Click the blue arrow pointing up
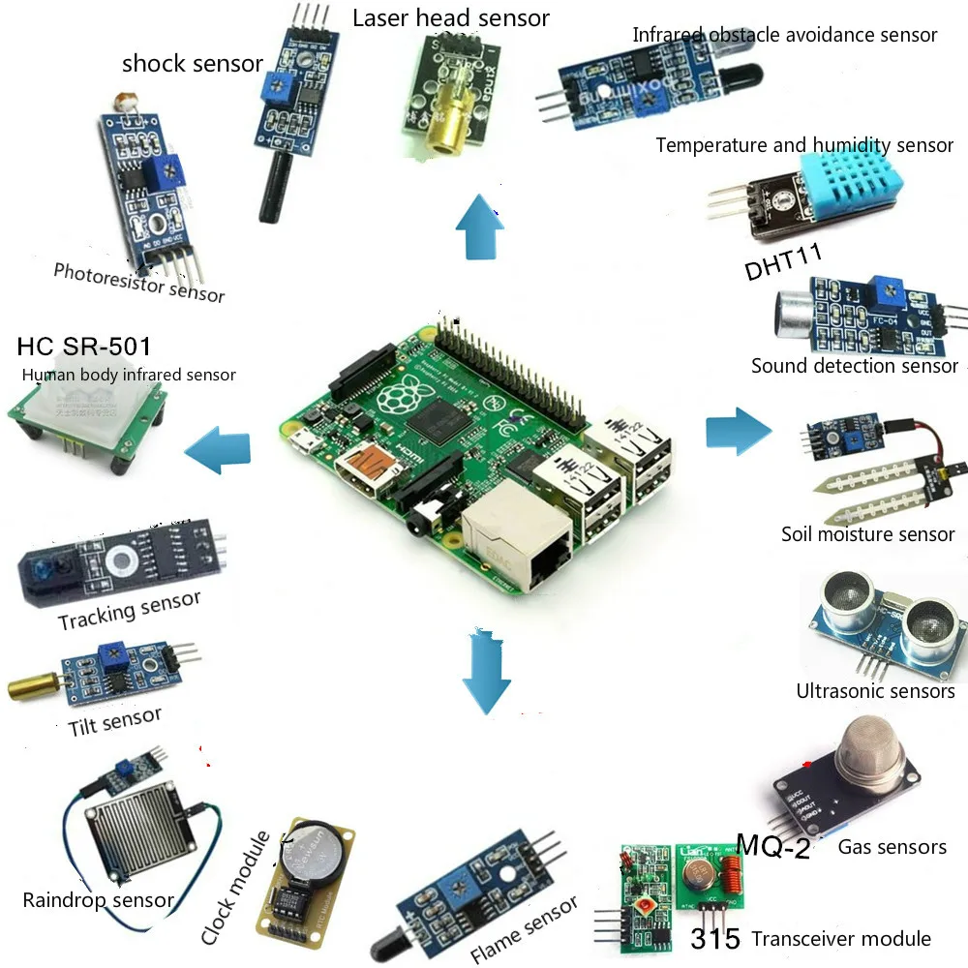coord(480,227)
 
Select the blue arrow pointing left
coord(218,450)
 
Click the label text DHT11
coord(783,267)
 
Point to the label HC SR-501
coord(84,347)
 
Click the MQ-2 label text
coord(772,844)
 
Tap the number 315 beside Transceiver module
coord(715,938)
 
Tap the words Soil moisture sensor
coord(867,534)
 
